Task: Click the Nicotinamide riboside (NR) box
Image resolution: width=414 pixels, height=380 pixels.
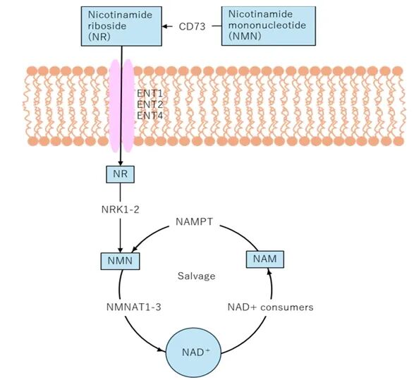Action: pos(121,26)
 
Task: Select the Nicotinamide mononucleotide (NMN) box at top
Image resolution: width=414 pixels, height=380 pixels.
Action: pos(269,26)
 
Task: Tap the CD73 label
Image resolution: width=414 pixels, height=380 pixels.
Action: pos(192,26)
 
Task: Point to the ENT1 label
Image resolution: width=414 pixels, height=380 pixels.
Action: pos(150,93)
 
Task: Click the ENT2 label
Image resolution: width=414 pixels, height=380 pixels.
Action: pos(150,104)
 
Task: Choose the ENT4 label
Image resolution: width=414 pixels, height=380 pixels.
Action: pos(150,116)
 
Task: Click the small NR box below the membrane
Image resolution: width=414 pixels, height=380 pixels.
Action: pos(120,174)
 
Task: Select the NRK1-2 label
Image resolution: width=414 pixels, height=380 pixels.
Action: pos(120,209)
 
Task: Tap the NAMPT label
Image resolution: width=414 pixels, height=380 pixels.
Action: pos(195,221)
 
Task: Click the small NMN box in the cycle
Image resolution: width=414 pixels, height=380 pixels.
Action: pos(120,261)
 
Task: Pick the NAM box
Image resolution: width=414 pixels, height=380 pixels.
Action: pos(265,259)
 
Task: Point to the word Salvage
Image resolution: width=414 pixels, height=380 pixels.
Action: pos(197,276)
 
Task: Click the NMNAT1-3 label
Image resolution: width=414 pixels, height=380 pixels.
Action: pos(133,307)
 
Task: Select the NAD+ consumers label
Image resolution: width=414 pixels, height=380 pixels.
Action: pos(270,307)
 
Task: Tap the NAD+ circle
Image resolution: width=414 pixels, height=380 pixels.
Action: pos(193,353)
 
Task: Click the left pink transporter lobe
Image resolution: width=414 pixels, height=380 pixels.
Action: pos(115,106)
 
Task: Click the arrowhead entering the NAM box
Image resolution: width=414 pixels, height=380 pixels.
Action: pos(269,271)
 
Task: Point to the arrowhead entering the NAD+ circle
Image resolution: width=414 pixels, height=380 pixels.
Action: pos(162,350)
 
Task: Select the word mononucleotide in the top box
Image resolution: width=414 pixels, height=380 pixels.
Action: pos(267,25)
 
